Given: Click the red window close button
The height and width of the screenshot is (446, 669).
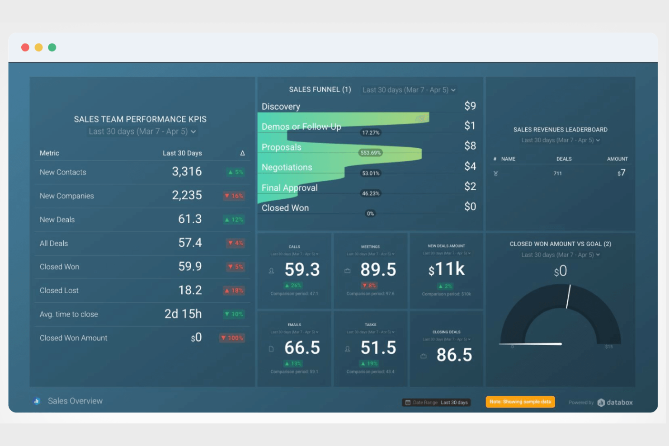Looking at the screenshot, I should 25,47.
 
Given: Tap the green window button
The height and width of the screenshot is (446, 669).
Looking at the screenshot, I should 52,47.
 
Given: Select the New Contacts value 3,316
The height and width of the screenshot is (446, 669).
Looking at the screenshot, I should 187,172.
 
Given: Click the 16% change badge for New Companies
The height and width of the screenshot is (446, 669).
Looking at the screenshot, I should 234,196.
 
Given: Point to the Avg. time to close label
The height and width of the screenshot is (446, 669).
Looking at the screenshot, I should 69,315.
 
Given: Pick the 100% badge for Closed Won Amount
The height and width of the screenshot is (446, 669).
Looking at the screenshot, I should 232,338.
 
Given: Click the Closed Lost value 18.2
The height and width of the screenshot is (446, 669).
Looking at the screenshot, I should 190,290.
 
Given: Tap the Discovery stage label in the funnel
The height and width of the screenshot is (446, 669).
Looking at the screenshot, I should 281,107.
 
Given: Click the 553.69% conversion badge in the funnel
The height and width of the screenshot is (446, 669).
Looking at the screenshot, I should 371,153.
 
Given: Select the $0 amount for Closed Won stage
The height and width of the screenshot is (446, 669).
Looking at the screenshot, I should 470,207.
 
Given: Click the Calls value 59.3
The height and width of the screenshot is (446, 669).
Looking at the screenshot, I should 302,270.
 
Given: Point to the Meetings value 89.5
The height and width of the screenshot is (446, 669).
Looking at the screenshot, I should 378,270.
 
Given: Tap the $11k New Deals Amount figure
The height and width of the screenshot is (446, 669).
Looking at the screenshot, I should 447,269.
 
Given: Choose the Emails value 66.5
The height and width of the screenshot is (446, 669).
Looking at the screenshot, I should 302,348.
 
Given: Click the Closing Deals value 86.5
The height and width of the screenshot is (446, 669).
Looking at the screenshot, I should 454,355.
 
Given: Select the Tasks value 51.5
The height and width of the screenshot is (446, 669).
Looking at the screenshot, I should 378,348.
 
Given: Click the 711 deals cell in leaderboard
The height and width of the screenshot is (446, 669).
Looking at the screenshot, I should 558,174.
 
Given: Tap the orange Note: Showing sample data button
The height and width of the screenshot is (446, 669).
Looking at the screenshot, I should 520,402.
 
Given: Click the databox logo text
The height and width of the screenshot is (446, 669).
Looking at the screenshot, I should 619,403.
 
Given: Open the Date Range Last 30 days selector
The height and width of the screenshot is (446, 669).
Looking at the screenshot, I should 437,403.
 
